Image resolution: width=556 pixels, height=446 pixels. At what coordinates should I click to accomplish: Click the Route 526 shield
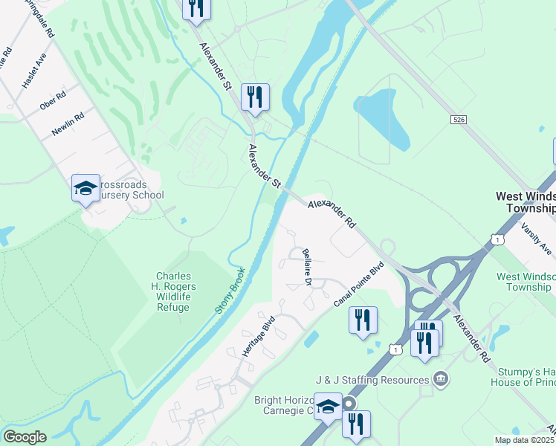coord(458,119)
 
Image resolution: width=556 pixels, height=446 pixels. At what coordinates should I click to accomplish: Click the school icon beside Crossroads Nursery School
coord(85,187)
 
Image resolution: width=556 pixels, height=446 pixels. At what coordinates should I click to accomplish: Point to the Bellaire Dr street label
coord(306,264)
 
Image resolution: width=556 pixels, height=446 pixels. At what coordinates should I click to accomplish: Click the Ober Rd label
coord(53,100)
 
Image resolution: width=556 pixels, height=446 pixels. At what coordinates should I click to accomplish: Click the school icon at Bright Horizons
coord(328,406)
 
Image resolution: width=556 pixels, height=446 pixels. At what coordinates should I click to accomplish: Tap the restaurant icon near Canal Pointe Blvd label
coord(363,320)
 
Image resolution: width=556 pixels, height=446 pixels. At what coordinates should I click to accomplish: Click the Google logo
coord(25,437)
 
